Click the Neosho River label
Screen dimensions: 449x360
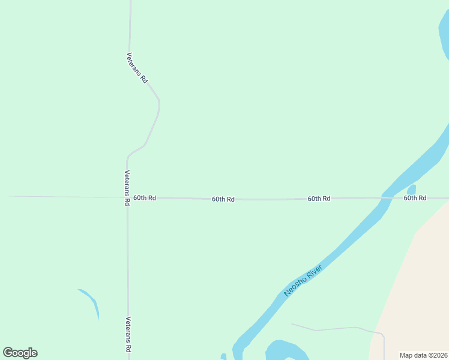coord(304,280)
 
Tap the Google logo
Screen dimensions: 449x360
coord(20,353)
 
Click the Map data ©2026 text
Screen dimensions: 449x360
coord(424,355)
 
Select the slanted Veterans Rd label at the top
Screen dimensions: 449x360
coord(137,67)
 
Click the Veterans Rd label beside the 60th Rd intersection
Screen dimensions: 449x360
coord(127,188)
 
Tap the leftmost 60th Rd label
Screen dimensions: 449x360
coord(145,197)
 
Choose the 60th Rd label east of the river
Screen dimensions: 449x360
coord(415,197)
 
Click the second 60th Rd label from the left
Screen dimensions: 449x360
coord(223,199)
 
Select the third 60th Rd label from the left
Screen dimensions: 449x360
coord(319,198)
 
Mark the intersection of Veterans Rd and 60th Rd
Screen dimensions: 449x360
coord(127,197)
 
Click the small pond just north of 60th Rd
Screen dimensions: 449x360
coord(411,190)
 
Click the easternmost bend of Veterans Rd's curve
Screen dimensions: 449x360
coord(159,105)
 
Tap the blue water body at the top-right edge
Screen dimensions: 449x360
coord(444,36)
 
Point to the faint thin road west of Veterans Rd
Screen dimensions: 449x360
coord(60,196)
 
